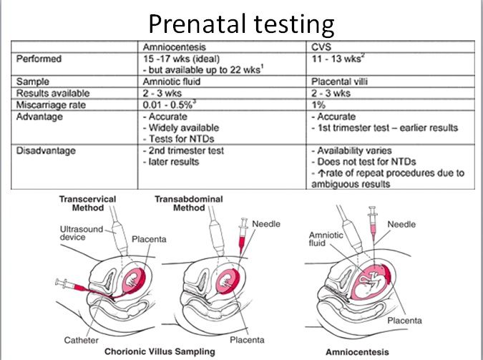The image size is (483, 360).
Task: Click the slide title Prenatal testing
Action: [x=241, y=24]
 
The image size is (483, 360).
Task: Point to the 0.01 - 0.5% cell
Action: [x=172, y=104]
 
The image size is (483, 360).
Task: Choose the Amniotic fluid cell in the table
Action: [x=172, y=82]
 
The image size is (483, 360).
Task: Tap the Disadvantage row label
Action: [x=47, y=151]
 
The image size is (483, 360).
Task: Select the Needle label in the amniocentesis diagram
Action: [x=401, y=224]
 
